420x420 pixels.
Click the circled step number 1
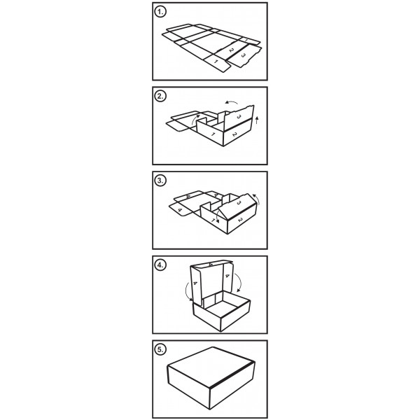coord(160,12)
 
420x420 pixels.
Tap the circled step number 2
coord(160,96)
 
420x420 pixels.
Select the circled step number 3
coord(160,181)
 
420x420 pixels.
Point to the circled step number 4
coord(160,265)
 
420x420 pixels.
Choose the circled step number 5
coord(160,349)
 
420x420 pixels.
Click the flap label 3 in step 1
coord(243,55)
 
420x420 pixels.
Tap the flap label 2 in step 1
coord(232,50)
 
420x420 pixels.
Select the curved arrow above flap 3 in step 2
coord(232,102)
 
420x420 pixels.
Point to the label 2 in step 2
coord(234,134)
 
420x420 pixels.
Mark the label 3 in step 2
coord(239,116)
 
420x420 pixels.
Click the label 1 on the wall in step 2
coord(213,134)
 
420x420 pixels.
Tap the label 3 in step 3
coord(239,203)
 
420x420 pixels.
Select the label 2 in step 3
coord(240,220)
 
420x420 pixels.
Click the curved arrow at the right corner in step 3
coord(258,199)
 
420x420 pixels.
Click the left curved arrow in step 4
coord(187,292)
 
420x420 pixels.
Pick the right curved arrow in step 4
coord(239,283)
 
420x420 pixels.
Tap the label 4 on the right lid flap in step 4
coord(227,276)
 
